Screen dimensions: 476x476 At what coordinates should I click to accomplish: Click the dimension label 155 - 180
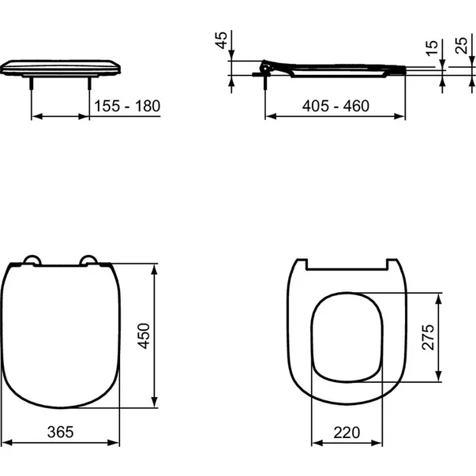tap(126, 106)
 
